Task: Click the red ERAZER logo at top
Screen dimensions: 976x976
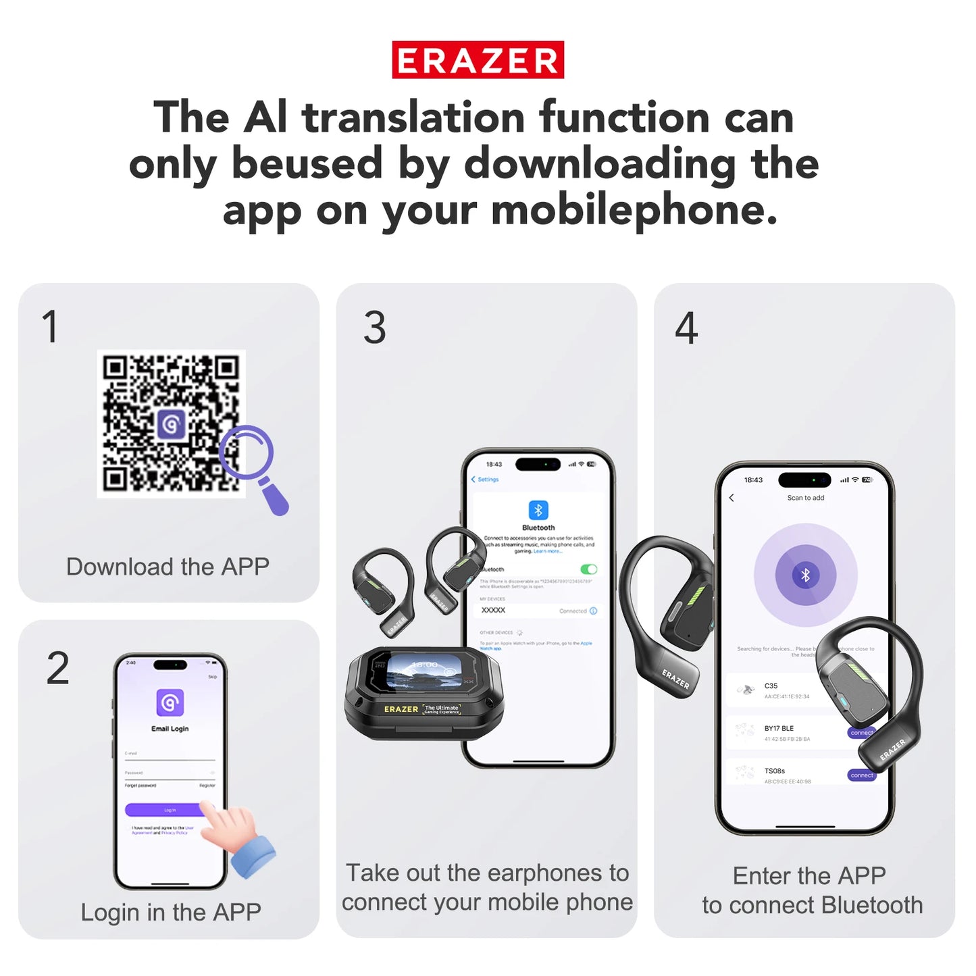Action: coord(478,60)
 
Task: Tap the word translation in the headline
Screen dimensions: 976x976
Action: coord(413,118)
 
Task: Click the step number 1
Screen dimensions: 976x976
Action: coord(50,327)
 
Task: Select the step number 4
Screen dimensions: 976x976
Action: coord(686,328)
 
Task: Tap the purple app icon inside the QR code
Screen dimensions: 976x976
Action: coord(172,424)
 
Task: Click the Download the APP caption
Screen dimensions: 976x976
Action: coord(168,566)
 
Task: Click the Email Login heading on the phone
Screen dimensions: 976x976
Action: coord(170,729)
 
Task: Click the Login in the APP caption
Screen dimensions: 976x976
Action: coord(171,912)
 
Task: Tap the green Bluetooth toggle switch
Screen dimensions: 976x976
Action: coord(588,569)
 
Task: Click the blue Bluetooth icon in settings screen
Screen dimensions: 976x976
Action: coord(538,510)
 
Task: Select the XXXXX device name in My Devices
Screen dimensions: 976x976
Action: coord(493,610)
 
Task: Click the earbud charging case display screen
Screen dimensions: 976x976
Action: coord(423,673)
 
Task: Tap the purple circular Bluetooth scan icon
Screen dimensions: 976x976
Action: coord(805,575)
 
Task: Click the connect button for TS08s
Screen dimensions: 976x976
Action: coord(861,775)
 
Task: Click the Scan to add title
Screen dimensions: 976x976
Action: coord(805,498)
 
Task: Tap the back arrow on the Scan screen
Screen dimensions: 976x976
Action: coord(731,498)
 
